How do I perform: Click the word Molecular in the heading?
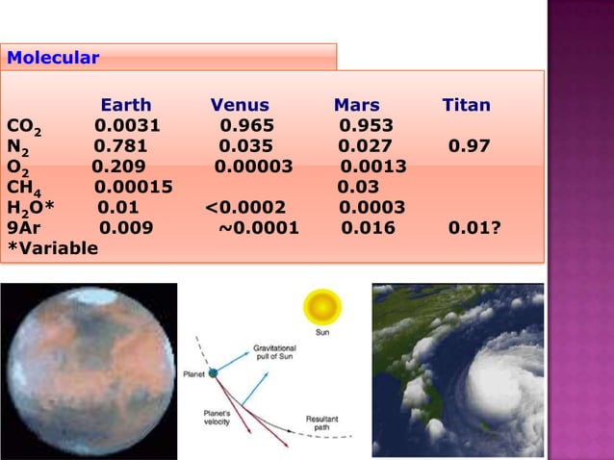click(53, 58)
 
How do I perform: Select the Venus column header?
click(240, 105)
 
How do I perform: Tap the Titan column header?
click(466, 105)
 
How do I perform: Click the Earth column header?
click(126, 105)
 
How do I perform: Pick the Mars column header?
click(356, 105)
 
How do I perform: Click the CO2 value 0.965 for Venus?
click(246, 125)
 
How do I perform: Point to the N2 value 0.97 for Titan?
click(469, 146)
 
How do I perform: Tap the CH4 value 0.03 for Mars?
click(357, 188)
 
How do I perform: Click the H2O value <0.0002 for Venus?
click(245, 208)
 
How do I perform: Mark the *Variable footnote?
click(52, 248)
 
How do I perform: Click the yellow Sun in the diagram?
click(322, 308)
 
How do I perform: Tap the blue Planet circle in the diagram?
click(213, 372)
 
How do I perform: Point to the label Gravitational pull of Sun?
click(281, 350)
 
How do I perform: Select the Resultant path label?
click(321, 422)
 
